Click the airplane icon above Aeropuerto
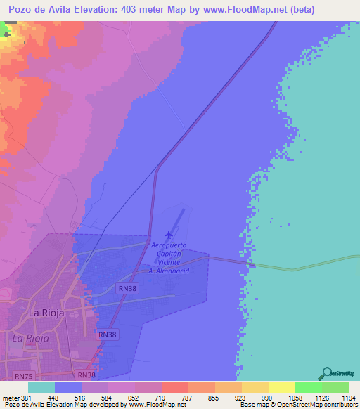[168, 235]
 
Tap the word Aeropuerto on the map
[169, 245]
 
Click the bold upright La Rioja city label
[46, 312]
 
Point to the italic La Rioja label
[30, 338]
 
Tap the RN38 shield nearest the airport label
[127, 288]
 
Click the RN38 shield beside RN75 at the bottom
[87, 376]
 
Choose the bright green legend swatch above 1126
[308, 387]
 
